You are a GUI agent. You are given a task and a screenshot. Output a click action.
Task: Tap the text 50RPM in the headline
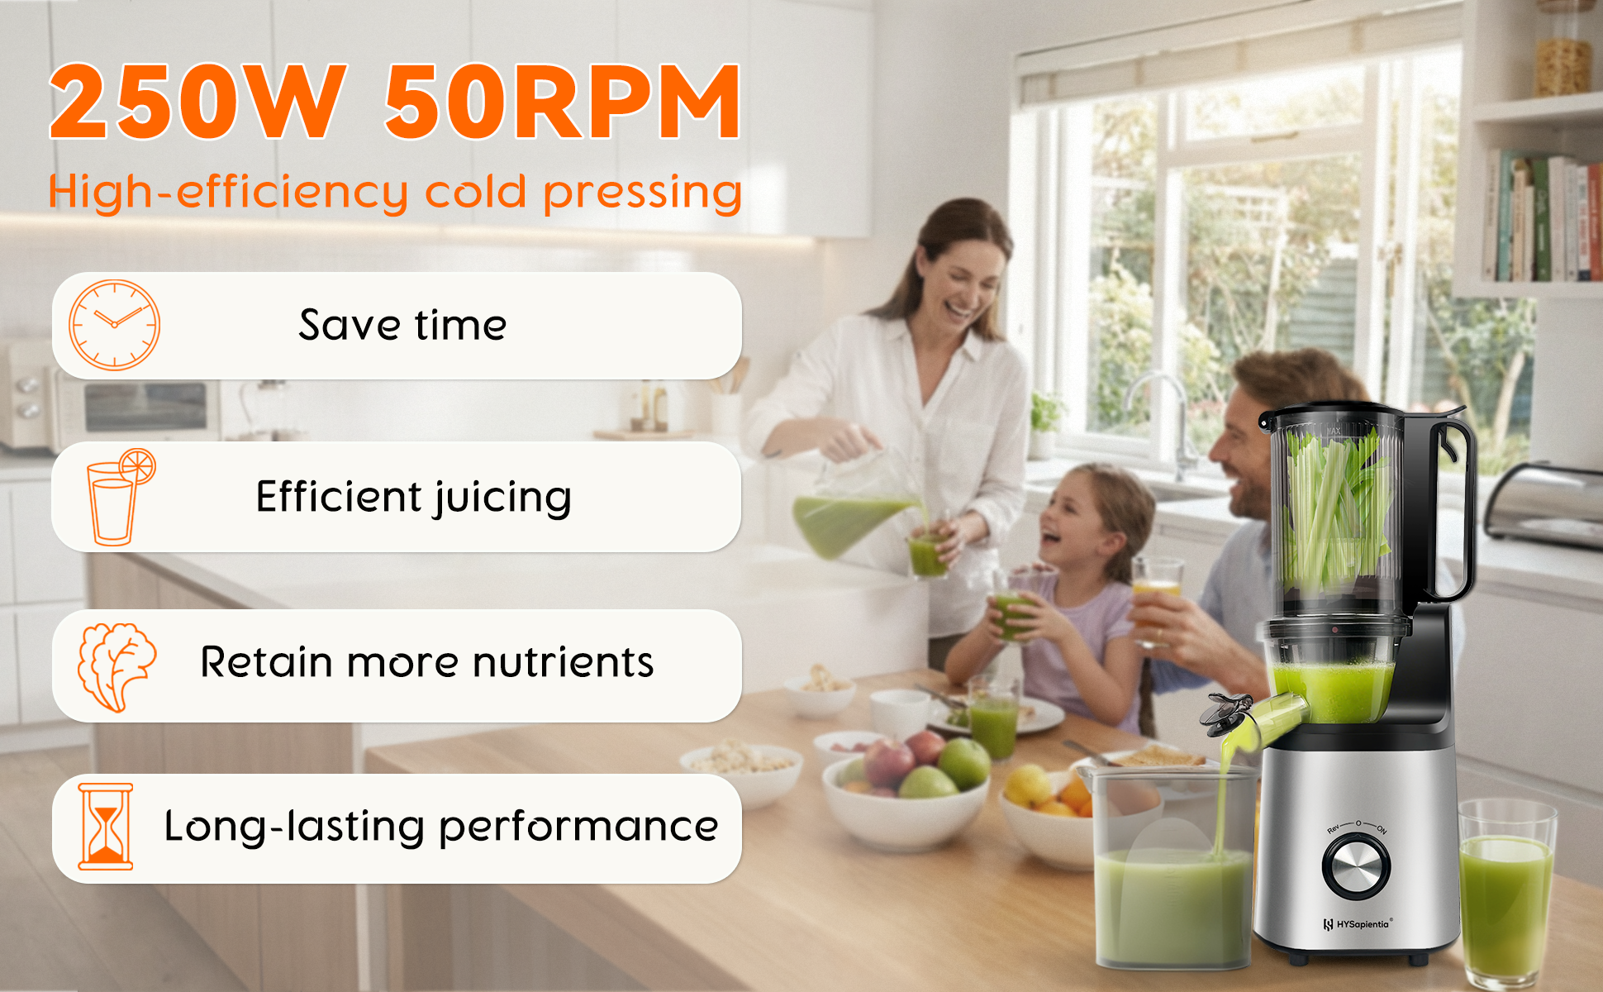point(563,102)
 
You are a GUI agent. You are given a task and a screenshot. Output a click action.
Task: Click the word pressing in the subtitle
point(643,193)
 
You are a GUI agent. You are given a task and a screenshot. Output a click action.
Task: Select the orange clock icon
point(114,325)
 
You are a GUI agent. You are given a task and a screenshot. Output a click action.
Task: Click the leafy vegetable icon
point(117,666)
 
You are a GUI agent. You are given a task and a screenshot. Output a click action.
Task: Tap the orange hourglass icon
point(106,827)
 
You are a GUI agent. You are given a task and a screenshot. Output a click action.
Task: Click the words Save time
point(402,325)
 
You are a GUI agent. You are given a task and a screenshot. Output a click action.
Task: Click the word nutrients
point(563,663)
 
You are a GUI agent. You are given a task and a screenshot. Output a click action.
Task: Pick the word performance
point(578,827)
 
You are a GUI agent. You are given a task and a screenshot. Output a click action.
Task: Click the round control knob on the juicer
point(1356,867)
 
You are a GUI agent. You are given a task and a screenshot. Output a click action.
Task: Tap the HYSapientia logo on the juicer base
point(1358,924)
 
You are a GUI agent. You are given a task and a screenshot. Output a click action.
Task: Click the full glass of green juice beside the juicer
point(1506,893)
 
